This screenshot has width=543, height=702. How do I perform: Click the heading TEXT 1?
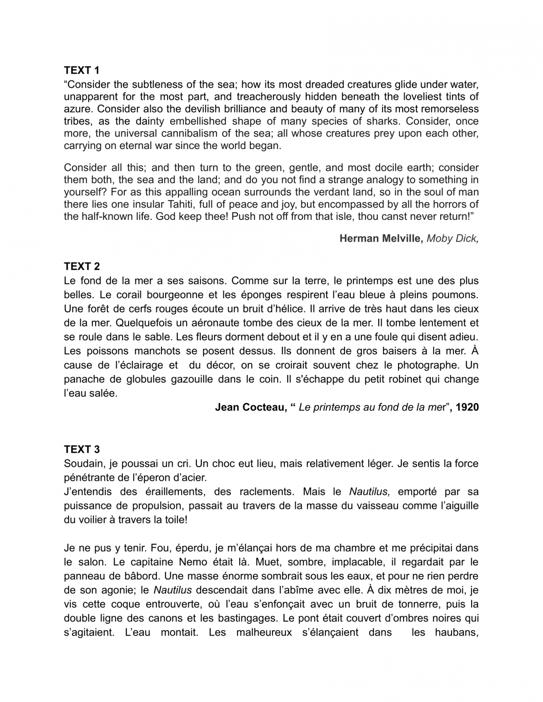click(81, 70)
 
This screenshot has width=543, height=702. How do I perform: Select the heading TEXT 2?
click(81, 266)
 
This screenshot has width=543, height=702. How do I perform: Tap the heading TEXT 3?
click(81, 449)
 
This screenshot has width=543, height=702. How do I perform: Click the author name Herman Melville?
click(381, 238)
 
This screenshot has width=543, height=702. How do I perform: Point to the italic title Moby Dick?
click(452, 238)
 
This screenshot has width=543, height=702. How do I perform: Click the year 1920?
click(467, 407)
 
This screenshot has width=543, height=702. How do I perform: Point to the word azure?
click(77, 109)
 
